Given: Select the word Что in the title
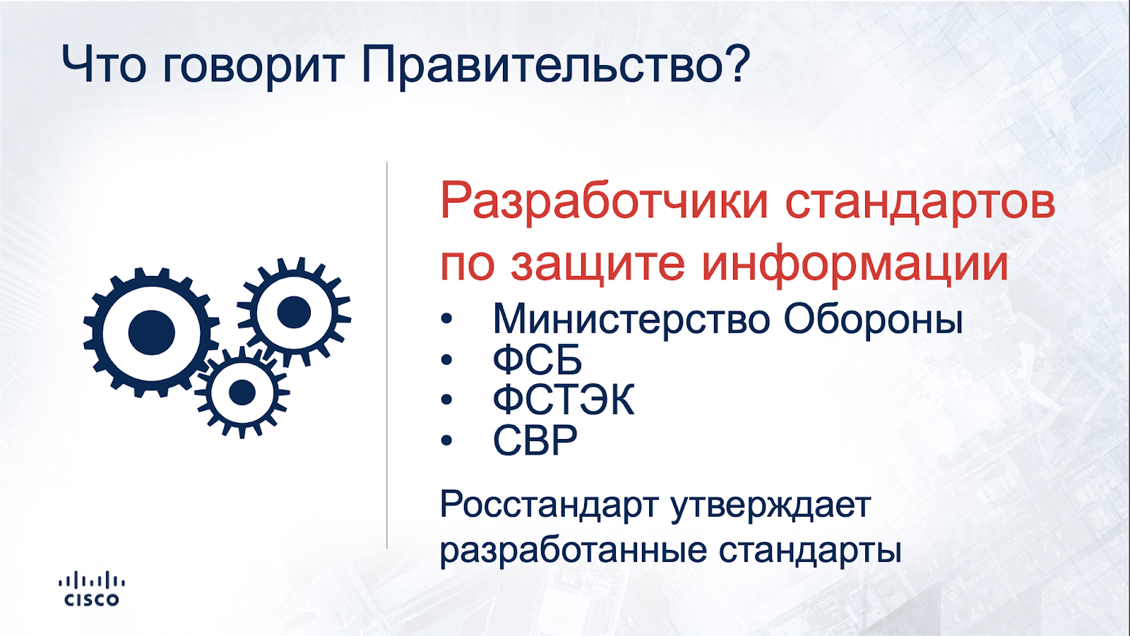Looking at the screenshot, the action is (x=103, y=64).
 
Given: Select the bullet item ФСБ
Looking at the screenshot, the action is (x=537, y=359).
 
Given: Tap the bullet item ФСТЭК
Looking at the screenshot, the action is (x=564, y=400).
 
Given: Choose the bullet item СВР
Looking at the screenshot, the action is (x=535, y=440).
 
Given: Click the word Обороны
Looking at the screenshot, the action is (x=873, y=319).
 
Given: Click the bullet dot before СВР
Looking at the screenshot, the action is (x=446, y=440).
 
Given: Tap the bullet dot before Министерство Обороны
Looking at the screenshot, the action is (x=446, y=319).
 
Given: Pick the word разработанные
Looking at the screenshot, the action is (x=573, y=551).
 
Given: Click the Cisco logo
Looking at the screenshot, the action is (x=92, y=589).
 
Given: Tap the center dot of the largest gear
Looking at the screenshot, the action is (x=151, y=333).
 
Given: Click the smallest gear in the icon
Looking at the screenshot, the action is (x=242, y=392).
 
